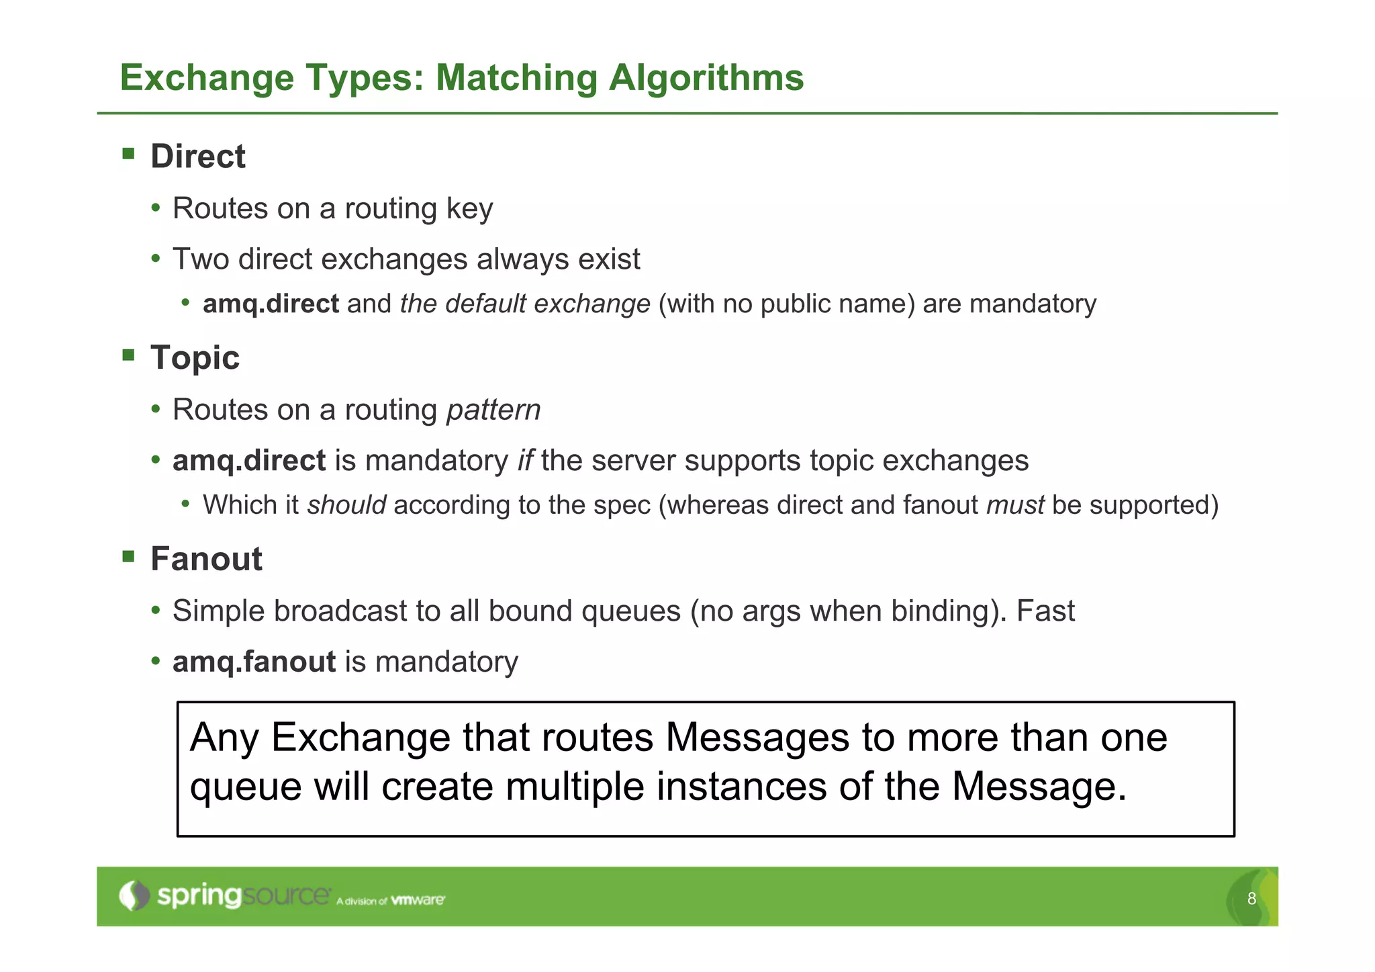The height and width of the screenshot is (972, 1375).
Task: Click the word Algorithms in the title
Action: point(706,78)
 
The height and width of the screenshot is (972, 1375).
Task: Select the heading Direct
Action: point(197,157)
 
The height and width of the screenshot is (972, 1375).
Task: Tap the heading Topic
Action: point(195,357)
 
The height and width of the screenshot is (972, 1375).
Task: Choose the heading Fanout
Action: point(206,559)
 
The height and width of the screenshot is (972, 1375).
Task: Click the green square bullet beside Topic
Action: point(128,355)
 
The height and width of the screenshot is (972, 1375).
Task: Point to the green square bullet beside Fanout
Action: point(128,556)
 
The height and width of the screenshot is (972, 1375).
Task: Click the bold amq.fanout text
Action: point(254,662)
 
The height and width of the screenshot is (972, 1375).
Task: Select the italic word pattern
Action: point(493,410)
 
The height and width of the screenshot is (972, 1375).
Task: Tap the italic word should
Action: point(346,505)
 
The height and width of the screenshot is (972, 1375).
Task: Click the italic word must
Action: point(1015,505)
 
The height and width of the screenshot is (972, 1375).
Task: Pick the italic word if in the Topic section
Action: point(525,461)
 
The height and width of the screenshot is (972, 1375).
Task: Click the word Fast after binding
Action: point(1045,611)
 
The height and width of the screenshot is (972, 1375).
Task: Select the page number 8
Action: point(1251,899)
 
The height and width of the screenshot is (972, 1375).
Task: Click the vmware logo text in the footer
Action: point(418,900)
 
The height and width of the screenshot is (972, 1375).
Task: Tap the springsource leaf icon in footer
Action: point(134,896)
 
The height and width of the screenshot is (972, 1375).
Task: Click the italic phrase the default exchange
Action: point(525,304)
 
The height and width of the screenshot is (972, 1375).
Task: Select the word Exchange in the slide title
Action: point(207,78)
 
